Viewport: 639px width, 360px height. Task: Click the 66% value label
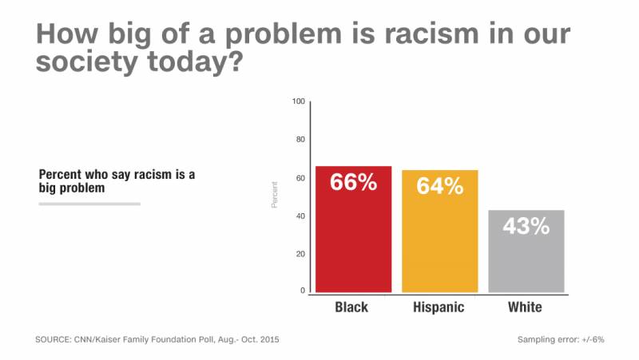point(354,182)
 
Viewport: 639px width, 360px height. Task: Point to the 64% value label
point(439,186)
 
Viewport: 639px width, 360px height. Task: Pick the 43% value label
point(526,226)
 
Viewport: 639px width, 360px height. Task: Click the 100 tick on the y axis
point(299,101)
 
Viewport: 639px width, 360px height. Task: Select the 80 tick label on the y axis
point(300,140)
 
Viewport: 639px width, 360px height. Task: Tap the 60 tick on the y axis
point(300,178)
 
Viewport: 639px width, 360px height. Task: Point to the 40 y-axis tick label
point(300,216)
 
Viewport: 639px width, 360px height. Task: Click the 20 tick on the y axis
point(300,254)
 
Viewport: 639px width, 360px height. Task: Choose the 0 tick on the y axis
point(303,291)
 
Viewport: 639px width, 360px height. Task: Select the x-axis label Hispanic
point(439,307)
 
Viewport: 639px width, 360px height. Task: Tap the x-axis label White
point(525,307)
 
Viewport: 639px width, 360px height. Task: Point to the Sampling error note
point(561,340)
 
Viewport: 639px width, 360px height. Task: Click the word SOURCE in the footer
point(53,340)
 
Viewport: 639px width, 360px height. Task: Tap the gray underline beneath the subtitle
point(89,204)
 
